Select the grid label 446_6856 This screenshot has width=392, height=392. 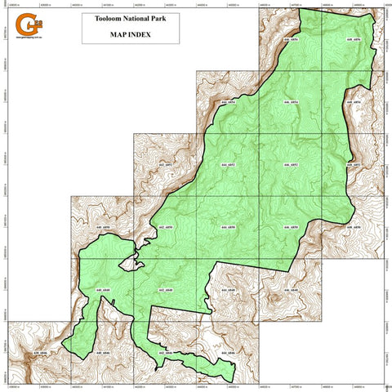coord(290,39)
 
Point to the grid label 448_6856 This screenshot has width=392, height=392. coord(354,39)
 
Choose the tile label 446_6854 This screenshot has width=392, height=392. coord(290,103)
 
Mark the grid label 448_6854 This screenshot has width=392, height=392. coord(354,103)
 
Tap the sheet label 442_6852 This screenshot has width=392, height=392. coord(166,165)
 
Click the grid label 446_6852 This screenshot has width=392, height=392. coord(290,165)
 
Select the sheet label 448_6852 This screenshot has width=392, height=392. coord(354,165)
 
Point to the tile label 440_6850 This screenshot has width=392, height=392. coord(102,228)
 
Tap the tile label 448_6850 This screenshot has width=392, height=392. coord(354,228)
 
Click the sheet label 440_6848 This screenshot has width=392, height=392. coord(102,291)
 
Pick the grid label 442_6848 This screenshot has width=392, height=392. coord(166,291)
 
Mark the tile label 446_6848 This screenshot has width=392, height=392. coord(290,291)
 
